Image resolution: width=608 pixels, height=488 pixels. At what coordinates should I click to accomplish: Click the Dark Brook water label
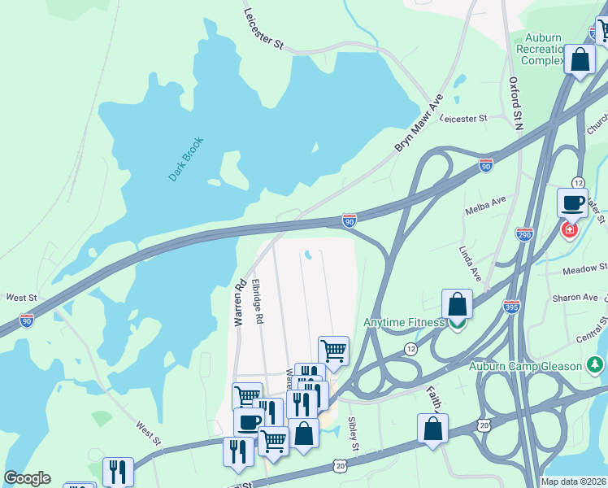point(185,159)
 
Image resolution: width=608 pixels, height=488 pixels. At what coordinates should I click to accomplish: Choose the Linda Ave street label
point(471,264)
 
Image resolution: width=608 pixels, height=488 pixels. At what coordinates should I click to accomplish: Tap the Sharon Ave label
point(575,298)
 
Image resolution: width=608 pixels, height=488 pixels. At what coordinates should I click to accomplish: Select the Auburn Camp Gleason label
point(525,366)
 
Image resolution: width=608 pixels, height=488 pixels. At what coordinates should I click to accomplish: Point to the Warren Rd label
point(239,304)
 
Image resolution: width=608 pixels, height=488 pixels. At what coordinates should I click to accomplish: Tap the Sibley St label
point(354,435)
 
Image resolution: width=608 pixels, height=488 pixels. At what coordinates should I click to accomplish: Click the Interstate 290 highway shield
point(524,233)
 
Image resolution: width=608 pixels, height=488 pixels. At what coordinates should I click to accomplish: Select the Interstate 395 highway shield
point(511,307)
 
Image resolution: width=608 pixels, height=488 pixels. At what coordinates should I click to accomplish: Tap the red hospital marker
point(570,230)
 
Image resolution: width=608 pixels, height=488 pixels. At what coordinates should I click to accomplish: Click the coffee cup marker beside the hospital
point(572,203)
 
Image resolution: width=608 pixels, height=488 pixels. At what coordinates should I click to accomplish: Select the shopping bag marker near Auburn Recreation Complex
point(580,60)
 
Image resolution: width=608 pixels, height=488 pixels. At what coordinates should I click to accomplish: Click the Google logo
point(27,478)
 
